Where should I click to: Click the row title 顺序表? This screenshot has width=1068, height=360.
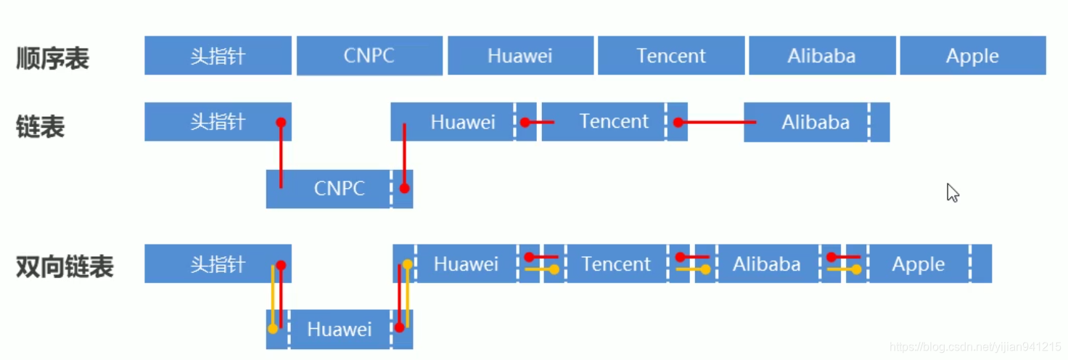(52, 59)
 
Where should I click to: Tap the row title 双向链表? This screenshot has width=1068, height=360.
(65, 267)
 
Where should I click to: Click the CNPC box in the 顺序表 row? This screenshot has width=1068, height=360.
(369, 56)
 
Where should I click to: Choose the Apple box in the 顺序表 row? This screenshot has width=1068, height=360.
(972, 56)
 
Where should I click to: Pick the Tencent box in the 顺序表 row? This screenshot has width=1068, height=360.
(670, 56)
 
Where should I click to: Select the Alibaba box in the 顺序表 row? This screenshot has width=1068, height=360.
(821, 56)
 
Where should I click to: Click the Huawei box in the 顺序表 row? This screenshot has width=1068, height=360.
(519, 56)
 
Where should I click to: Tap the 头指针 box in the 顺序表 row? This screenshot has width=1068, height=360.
(218, 56)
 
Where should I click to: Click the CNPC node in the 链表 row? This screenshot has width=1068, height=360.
(339, 189)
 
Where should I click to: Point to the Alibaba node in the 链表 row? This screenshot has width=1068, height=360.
(816, 122)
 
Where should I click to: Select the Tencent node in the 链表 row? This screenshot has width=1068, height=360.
(614, 121)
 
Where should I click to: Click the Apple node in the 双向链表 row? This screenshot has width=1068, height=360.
(919, 264)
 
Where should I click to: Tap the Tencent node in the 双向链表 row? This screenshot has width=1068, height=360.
(616, 264)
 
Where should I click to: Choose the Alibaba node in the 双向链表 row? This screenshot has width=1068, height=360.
(767, 264)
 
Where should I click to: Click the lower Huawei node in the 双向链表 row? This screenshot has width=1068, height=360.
(339, 330)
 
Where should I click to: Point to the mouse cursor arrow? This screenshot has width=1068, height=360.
(952, 192)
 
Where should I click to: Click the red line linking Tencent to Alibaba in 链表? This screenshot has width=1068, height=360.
(717, 123)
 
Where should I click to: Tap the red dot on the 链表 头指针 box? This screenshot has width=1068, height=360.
(281, 123)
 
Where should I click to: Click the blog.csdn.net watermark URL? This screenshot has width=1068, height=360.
(975, 348)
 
